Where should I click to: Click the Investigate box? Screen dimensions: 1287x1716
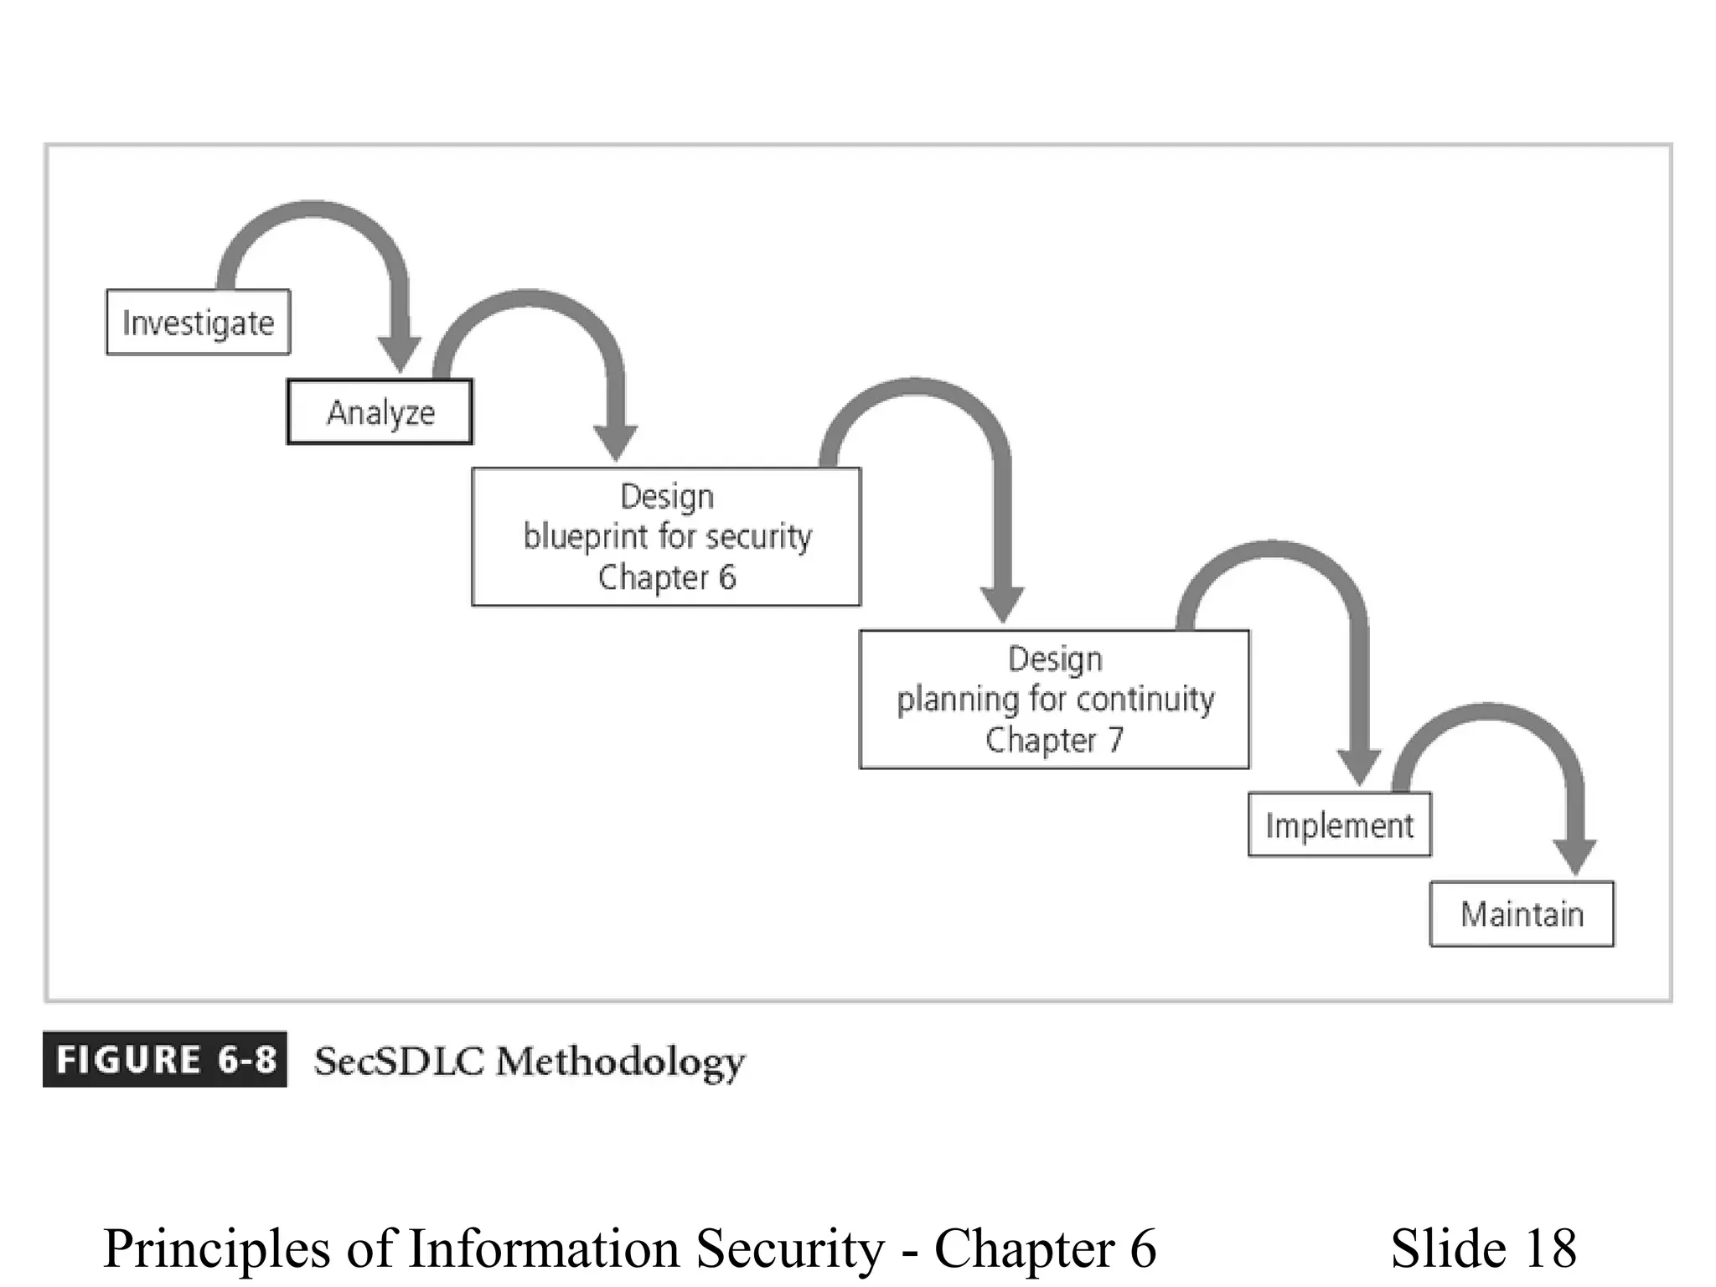pyautogui.click(x=198, y=323)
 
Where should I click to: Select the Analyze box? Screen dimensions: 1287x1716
pyautogui.click(x=380, y=412)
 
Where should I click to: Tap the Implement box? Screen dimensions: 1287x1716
pyautogui.click(x=1339, y=825)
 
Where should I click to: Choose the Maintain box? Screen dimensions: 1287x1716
pyautogui.click(x=1522, y=914)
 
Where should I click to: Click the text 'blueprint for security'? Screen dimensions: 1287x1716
pyautogui.click(x=667, y=536)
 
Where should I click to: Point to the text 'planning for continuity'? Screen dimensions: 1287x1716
pyautogui.click(x=1055, y=699)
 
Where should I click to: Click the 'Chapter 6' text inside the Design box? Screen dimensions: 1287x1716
pyautogui.click(x=667, y=577)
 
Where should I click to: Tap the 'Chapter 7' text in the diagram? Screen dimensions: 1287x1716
pyautogui.click(x=1054, y=740)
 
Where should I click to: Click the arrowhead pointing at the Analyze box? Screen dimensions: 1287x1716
pyautogui.click(x=400, y=354)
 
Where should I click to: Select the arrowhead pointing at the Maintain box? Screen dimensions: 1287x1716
pyautogui.click(x=1574, y=856)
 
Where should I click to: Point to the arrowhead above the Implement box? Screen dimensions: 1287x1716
pyautogui.click(x=1358, y=767)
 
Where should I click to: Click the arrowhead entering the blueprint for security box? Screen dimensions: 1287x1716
pyautogui.click(x=616, y=442)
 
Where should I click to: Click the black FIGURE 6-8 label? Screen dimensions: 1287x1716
pyautogui.click(x=165, y=1060)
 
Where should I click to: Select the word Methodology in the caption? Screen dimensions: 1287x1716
pyautogui.click(x=620, y=1062)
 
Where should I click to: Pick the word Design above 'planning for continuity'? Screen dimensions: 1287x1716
pyautogui.click(x=1055, y=659)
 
